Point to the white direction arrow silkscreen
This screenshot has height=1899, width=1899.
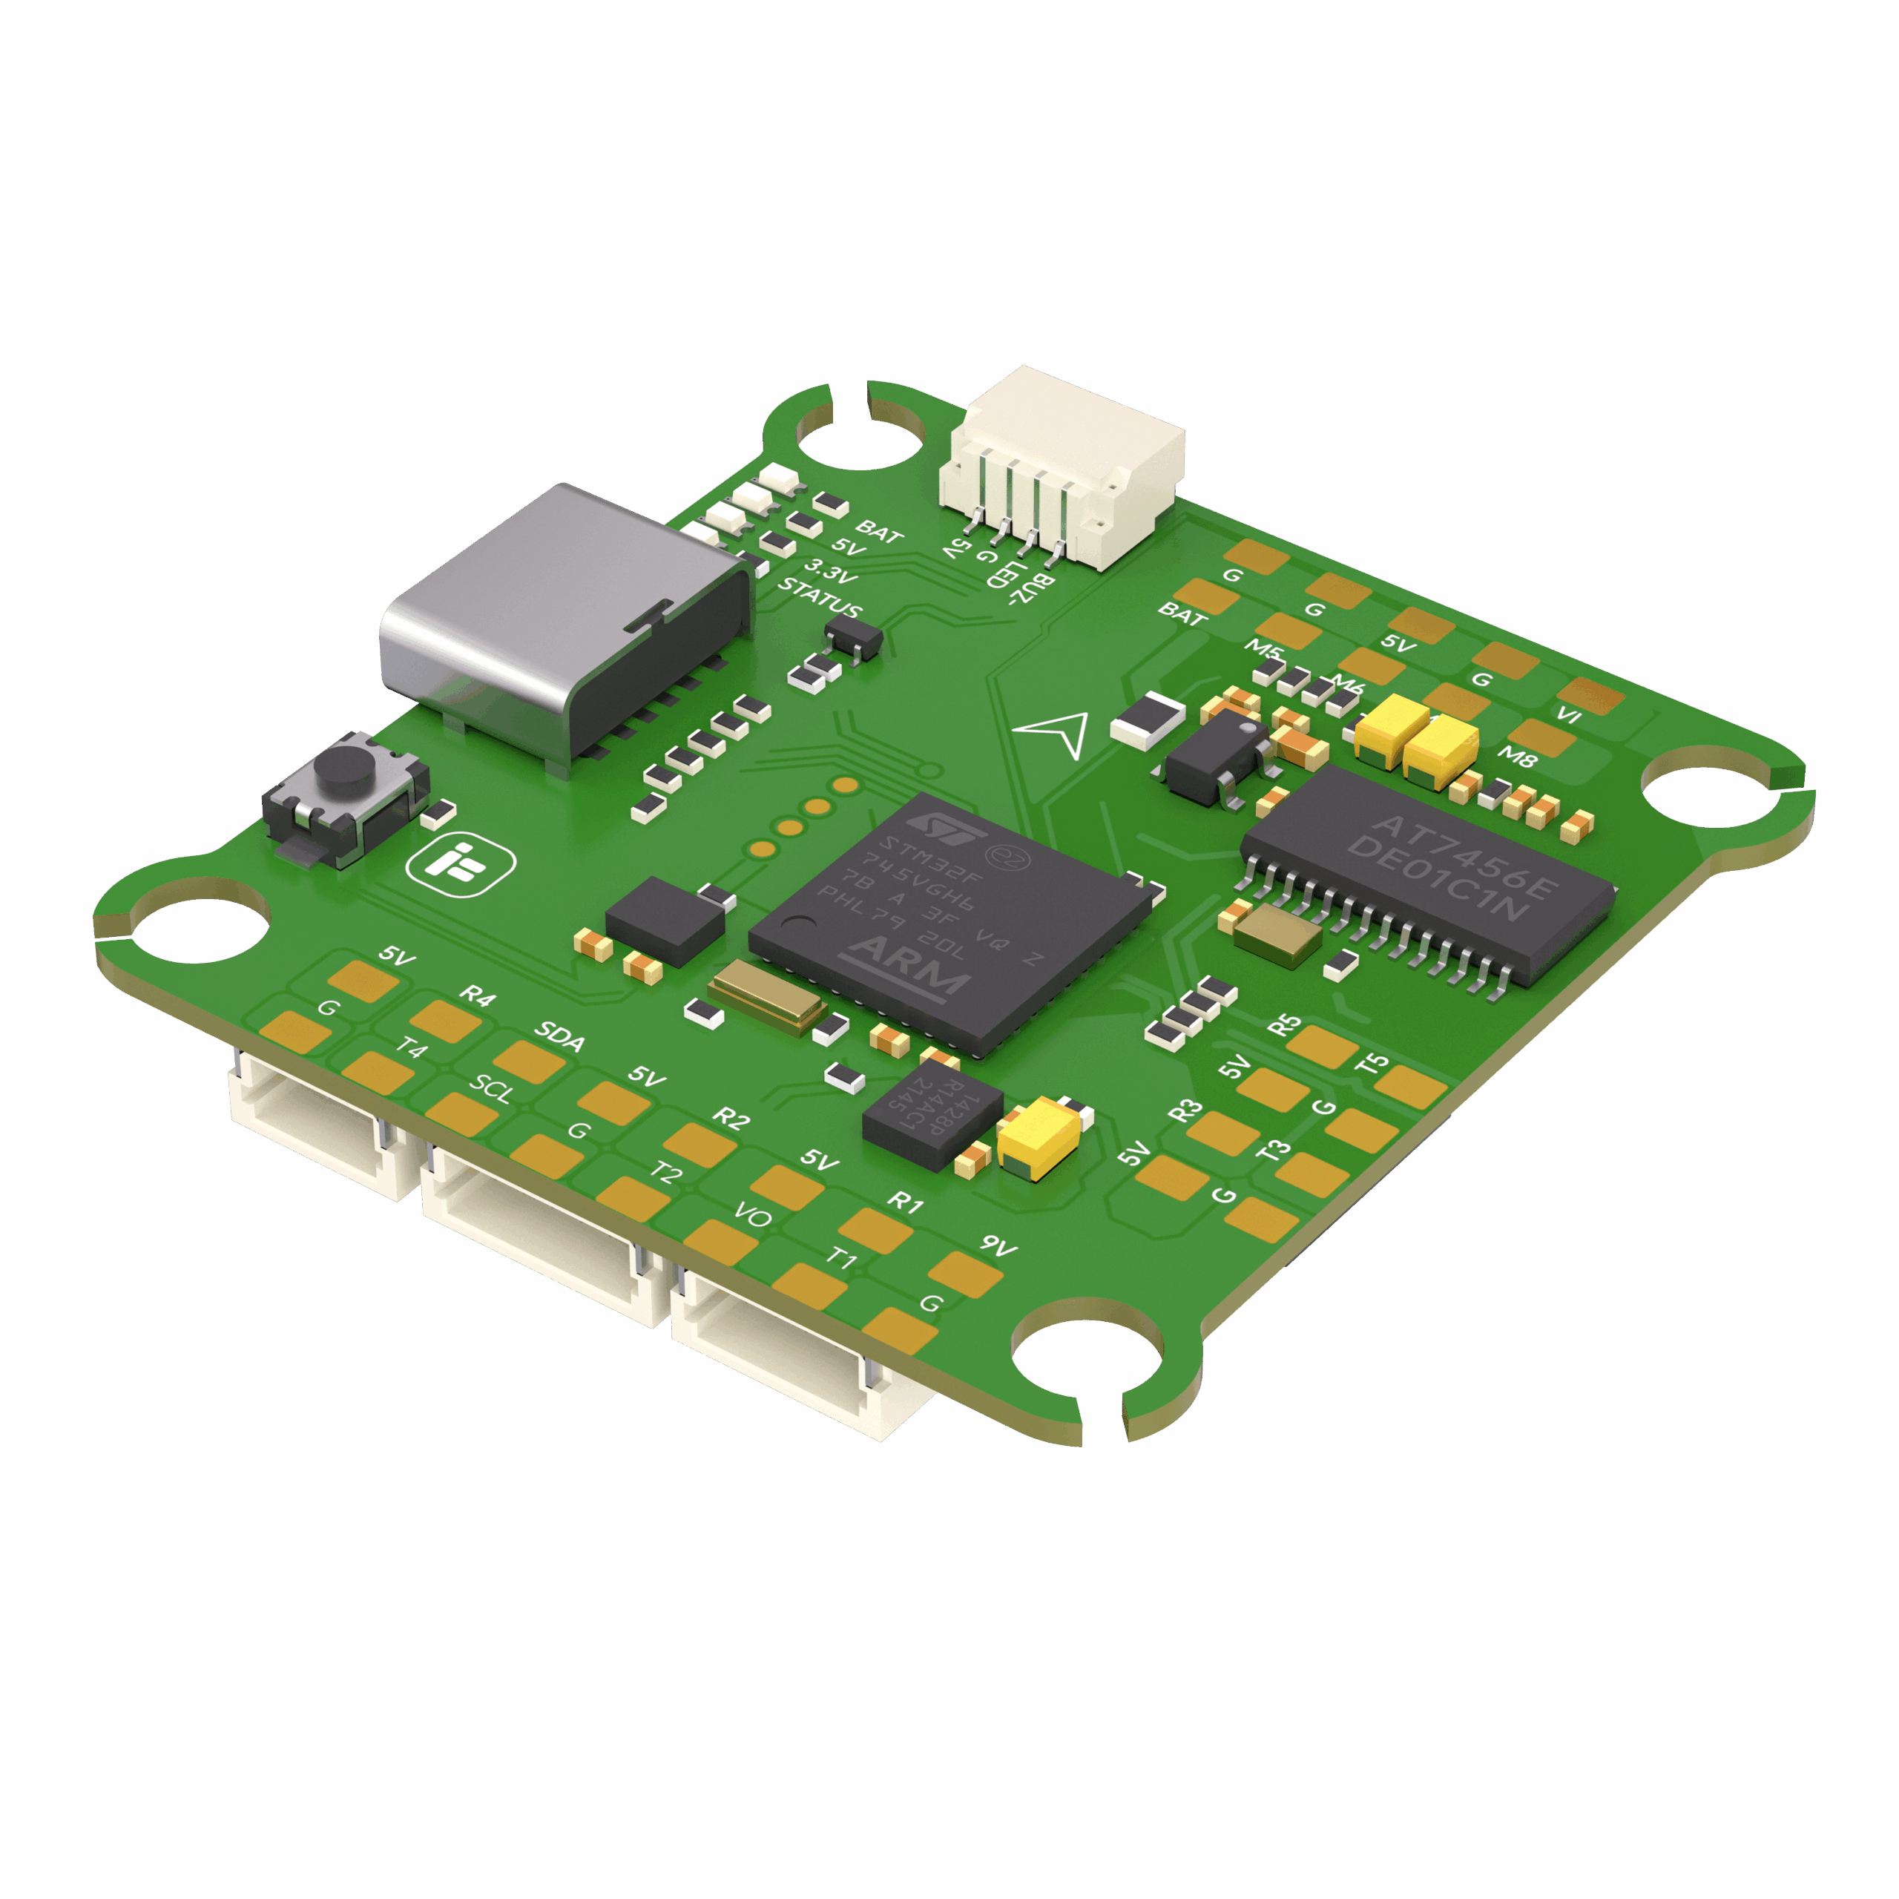point(1053,732)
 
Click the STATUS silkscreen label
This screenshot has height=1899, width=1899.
point(820,599)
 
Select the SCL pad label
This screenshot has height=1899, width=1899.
point(492,1088)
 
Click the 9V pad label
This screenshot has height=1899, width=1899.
point(998,1246)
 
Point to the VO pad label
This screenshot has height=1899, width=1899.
point(753,1217)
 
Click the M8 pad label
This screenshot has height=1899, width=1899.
point(1517,757)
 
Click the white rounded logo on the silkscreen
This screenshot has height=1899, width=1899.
point(461,865)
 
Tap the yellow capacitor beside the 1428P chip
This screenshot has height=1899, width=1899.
point(1040,1135)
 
